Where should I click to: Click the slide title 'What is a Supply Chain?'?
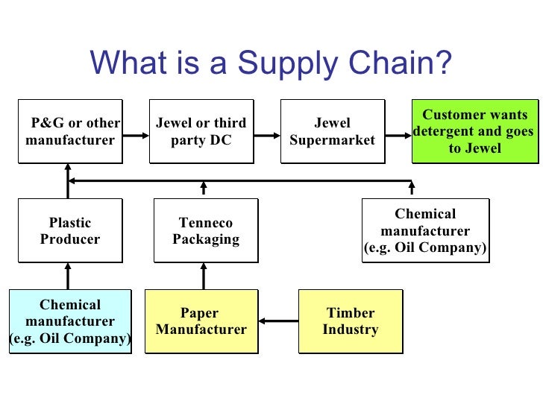[x=271, y=63]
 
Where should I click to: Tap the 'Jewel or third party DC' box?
[x=201, y=131]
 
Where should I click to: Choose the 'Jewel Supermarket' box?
[x=332, y=131]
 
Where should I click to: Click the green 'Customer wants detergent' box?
[x=474, y=131]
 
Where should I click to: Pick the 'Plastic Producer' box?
[x=69, y=231]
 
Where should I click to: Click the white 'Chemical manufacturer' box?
[x=425, y=230]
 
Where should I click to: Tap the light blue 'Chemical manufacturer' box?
[x=69, y=321]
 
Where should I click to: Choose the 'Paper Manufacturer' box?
[x=201, y=321]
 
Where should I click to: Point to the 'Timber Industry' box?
[x=350, y=321]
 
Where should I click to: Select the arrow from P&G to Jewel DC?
[x=136, y=136]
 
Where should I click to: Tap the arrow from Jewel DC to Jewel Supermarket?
[x=266, y=136]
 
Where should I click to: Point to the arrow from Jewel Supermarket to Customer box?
[x=398, y=136]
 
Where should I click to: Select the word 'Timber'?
[x=350, y=313]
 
